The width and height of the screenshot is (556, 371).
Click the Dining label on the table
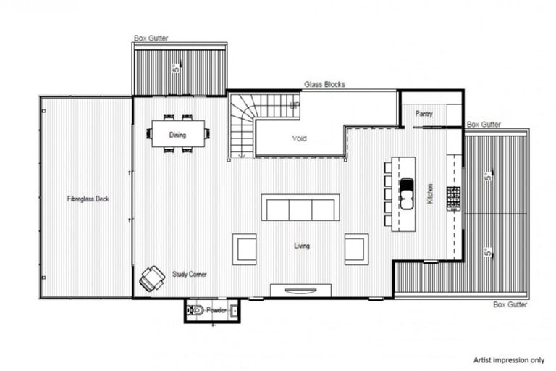pyautogui.click(x=177, y=135)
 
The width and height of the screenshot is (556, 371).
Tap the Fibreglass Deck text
pyautogui.click(x=88, y=199)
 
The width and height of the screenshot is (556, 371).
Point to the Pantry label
pyautogui.click(x=424, y=114)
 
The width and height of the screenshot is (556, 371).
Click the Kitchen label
pyautogui.click(x=430, y=193)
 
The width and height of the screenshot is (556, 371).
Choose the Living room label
pyautogui.click(x=301, y=246)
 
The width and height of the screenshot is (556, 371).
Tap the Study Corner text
pyautogui.click(x=189, y=275)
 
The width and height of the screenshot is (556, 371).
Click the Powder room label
pyautogui.click(x=216, y=310)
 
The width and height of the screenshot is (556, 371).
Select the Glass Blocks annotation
pyautogui.click(x=324, y=84)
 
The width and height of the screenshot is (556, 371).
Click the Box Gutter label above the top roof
pyautogui.click(x=151, y=38)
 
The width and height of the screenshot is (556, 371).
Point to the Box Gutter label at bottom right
pyautogui.click(x=511, y=305)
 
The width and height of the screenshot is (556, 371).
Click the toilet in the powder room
pyautogui.click(x=196, y=310)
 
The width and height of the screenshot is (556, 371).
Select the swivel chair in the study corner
pyautogui.click(x=152, y=278)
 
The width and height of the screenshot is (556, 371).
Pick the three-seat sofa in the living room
pyautogui.click(x=300, y=208)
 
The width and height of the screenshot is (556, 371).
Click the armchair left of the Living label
pyautogui.click(x=244, y=249)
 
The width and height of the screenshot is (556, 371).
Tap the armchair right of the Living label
pyautogui.click(x=356, y=249)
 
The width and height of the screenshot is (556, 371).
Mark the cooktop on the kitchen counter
pyautogui.click(x=453, y=196)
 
